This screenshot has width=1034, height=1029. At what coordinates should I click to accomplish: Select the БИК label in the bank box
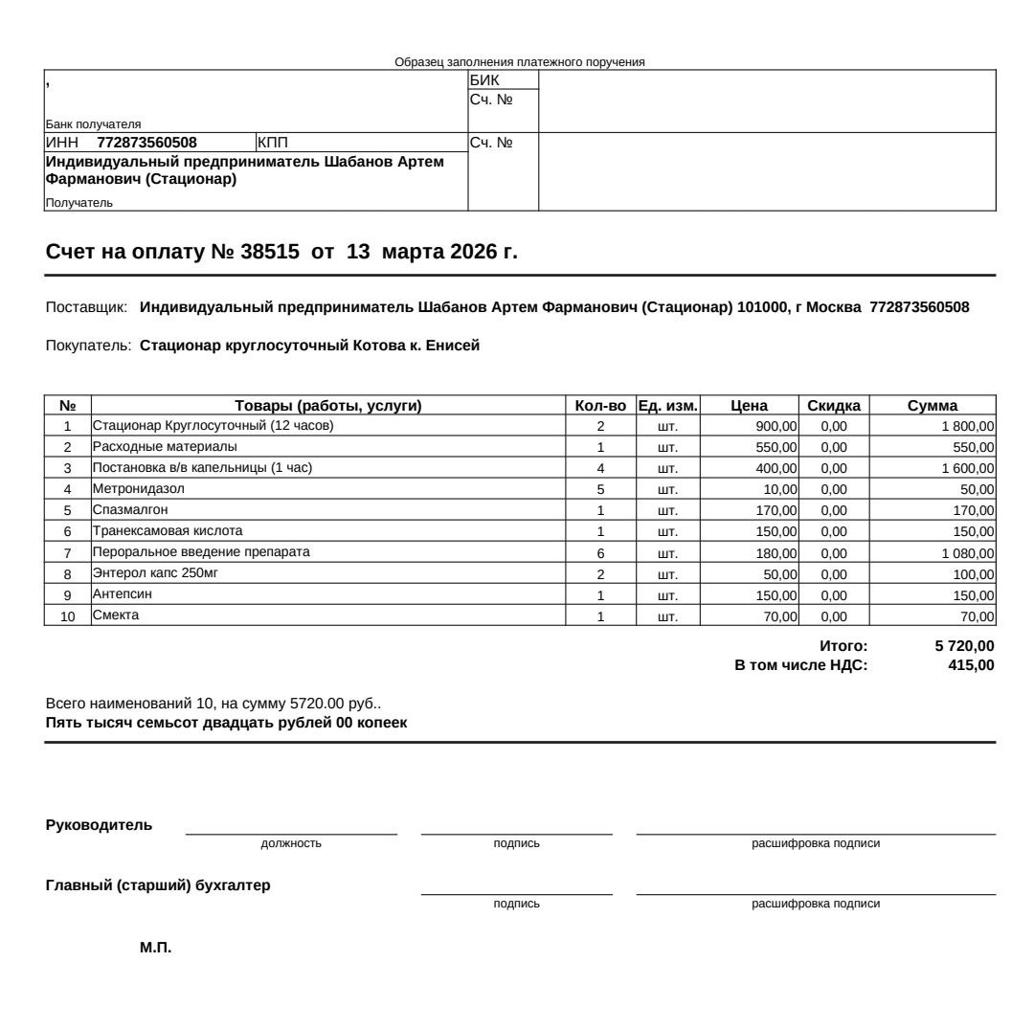(484, 80)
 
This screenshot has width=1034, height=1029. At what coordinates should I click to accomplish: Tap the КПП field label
(273, 144)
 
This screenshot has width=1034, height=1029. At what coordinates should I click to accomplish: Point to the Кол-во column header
(600, 406)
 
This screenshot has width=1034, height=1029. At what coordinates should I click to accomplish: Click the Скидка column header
(834, 406)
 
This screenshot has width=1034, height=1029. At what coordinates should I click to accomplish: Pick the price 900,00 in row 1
(776, 426)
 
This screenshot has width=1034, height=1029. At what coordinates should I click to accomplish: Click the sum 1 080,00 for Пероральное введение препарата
(968, 553)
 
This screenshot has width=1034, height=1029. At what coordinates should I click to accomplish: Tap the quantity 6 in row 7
(600, 553)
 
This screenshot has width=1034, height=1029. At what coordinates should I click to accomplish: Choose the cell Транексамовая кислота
(168, 530)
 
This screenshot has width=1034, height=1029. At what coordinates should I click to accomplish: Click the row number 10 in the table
(68, 616)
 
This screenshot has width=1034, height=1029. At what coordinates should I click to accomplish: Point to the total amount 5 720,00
(964, 646)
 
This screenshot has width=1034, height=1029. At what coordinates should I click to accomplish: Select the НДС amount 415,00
(971, 665)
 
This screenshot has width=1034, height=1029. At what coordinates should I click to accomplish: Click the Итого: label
(843, 646)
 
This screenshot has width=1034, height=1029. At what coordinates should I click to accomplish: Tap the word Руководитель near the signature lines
(99, 825)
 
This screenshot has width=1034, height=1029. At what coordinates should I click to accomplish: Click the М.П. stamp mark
(155, 948)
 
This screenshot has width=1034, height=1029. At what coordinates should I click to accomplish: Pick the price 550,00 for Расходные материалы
(776, 447)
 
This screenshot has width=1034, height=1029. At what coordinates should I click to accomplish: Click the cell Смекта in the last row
(116, 615)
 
